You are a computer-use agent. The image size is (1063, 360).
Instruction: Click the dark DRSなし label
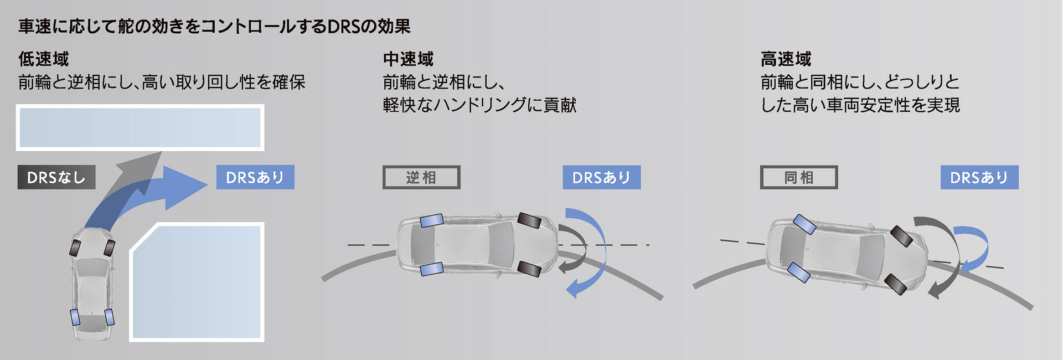(56, 177)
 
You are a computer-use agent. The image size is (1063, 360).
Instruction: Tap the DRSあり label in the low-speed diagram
(255, 177)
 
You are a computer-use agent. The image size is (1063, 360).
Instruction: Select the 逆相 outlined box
(421, 177)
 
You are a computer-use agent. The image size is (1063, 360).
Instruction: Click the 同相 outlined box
(798, 177)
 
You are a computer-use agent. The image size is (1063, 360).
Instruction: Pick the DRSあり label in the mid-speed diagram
(601, 177)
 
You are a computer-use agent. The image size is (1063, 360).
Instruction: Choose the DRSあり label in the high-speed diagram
(979, 177)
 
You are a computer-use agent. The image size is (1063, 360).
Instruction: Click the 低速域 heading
(43, 59)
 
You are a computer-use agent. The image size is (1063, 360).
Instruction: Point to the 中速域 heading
(408, 59)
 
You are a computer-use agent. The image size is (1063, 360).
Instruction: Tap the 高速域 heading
(786, 59)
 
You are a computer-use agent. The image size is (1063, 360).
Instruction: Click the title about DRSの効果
(214, 26)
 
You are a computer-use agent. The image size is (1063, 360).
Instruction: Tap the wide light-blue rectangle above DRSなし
(140, 127)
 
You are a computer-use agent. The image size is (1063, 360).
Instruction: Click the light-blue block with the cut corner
(197, 282)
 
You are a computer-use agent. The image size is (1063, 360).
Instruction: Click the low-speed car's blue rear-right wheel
(109, 317)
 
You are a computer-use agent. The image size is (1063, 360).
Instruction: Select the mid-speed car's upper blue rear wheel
(431, 220)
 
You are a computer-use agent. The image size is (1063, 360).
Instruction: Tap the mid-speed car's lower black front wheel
(529, 269)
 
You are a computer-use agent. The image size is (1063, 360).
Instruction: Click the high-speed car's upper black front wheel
(901, 236)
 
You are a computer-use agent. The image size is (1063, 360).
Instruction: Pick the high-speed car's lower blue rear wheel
(798, 272)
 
